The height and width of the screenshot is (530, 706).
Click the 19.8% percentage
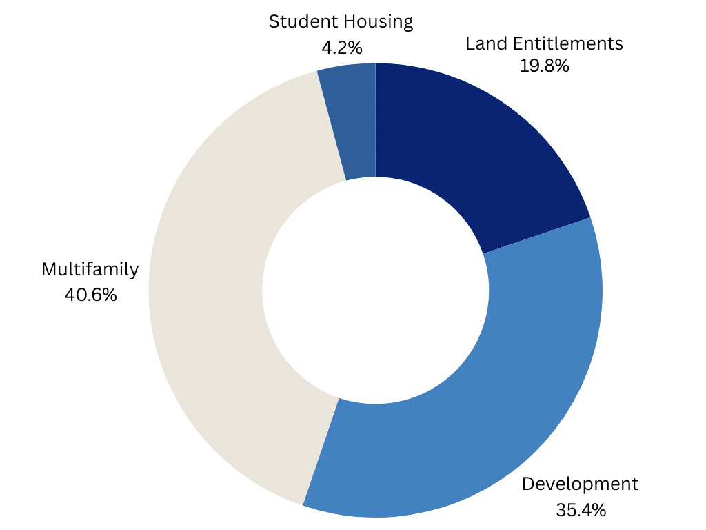pos(544,66)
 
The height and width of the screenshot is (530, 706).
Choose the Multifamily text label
pos(90,269)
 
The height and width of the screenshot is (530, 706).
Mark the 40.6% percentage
pos(90,295)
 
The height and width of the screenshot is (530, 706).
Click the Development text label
pos(581,484)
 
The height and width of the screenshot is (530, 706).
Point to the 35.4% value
pos(581,510)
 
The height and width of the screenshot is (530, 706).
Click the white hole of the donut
pos(375,290)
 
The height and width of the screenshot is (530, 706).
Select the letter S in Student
pos(274,22)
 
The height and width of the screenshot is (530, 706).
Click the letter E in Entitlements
pos(513,43)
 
